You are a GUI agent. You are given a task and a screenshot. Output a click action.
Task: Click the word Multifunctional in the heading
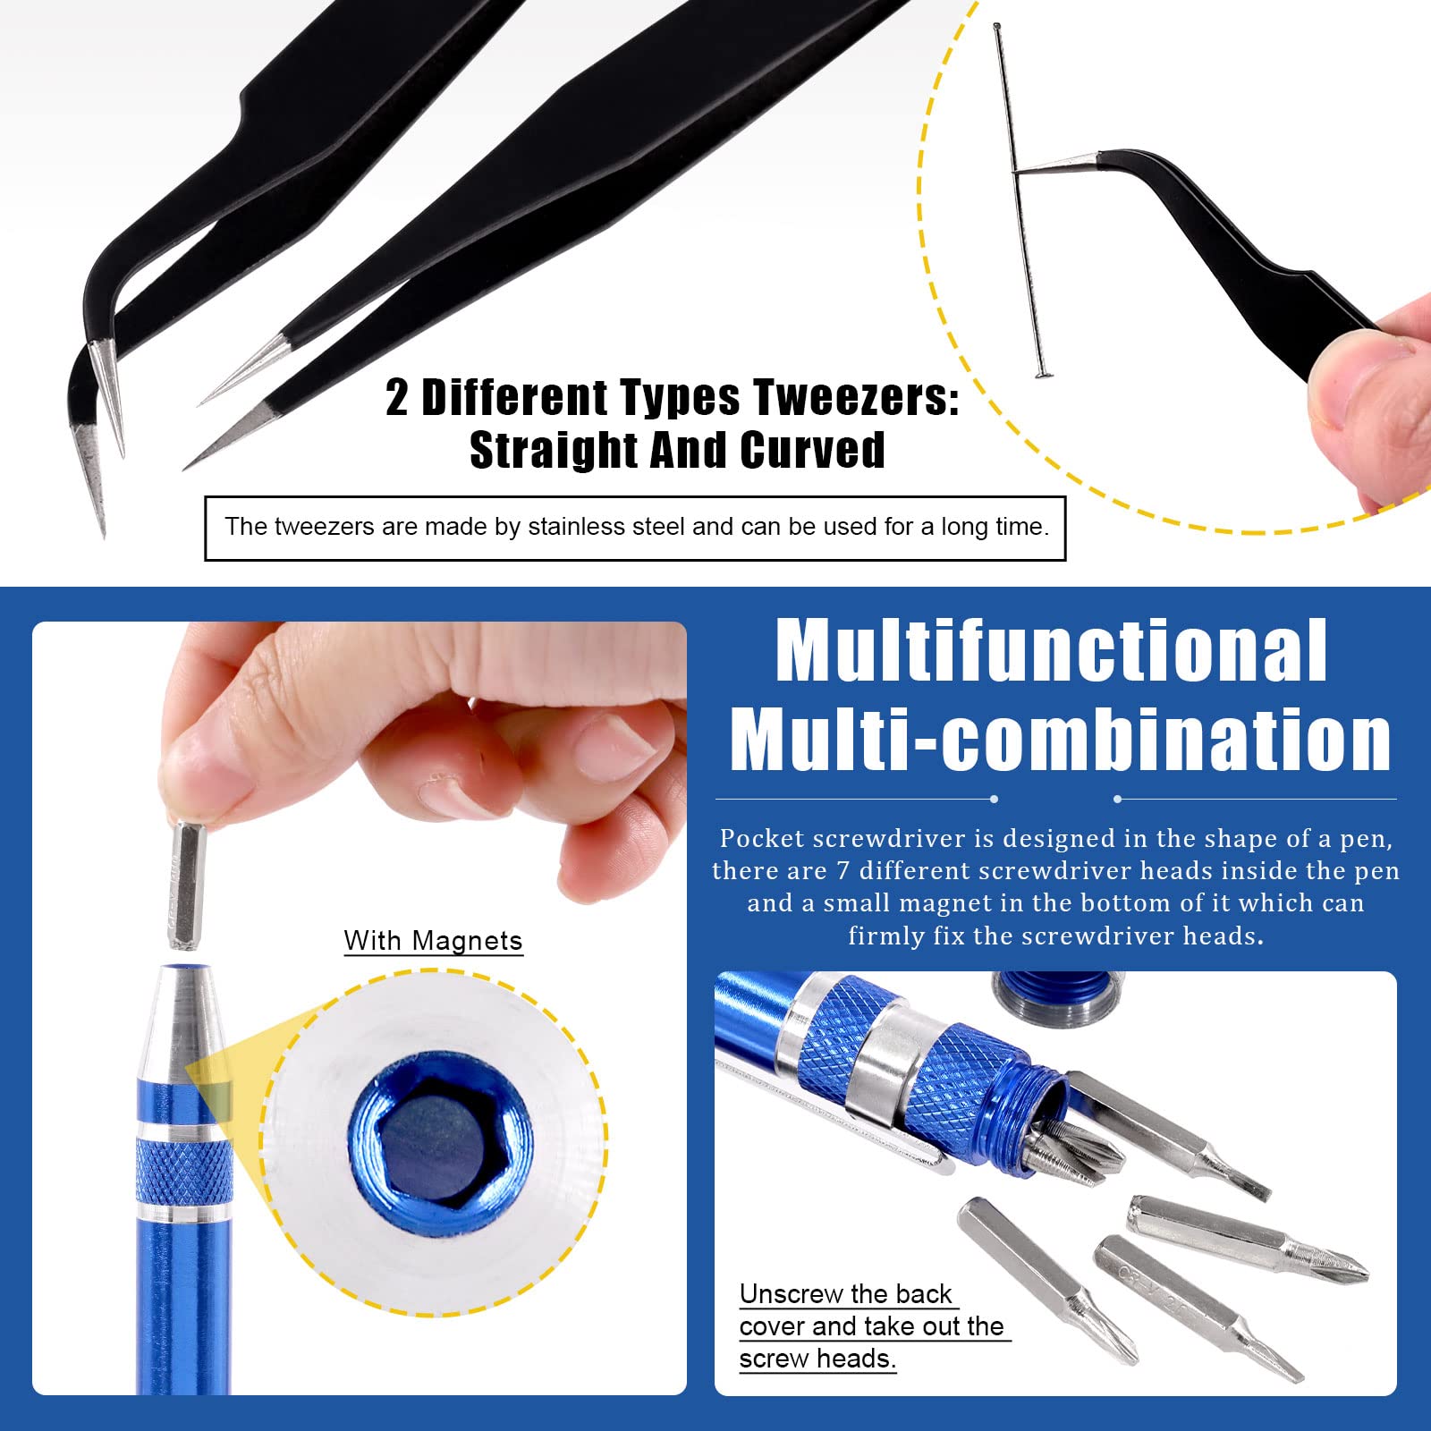(1052, 650)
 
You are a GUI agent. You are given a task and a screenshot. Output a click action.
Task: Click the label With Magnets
(433, 941)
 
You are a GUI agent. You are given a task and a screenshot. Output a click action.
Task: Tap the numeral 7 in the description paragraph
(842, 871)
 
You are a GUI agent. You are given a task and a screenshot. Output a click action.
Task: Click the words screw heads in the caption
(817, 1359)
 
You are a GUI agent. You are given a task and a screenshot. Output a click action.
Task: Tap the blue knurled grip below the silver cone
(185, 1171)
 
